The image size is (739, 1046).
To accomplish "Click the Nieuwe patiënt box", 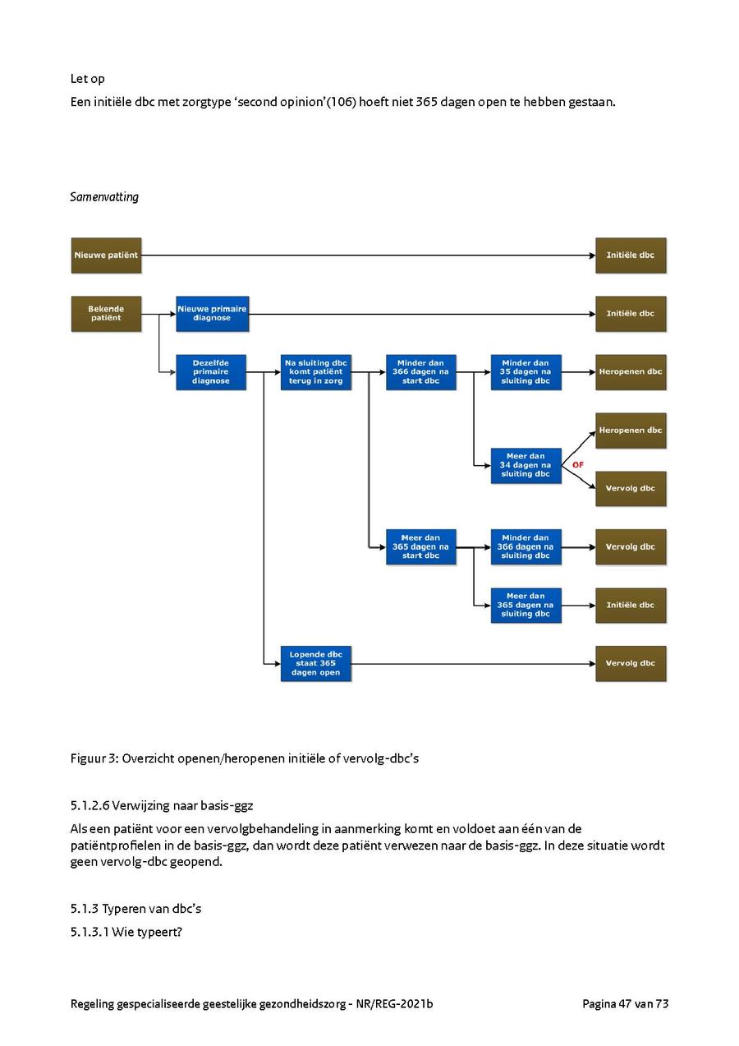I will pyautogui.click(x=106, y=255).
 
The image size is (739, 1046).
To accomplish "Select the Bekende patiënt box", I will pyautogui.click(x=106, y=313).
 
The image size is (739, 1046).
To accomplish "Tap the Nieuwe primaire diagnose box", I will pyautogui.click(x=212, y=313).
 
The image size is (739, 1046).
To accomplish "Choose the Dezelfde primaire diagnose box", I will pyautogui.click(x=211, y=371).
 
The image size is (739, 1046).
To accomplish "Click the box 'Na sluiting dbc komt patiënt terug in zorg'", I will pyautogui.click(x=316, y=371).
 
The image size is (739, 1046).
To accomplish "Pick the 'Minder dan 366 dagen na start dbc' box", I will pyautogui.click(x=420, y=371).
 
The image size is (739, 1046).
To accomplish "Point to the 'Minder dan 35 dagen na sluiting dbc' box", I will pyautogui.click(x=526, y=371).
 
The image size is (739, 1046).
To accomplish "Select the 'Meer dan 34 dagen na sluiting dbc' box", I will pyautogui.click(x=526, y=465).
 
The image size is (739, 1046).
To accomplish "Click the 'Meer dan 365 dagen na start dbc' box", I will pyautogui.click(x=420, y=546).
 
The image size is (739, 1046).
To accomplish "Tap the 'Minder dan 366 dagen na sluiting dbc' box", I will pyautogui.click(x=526, y=546).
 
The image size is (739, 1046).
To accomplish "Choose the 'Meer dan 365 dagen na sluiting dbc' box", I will pyautogui.click(x=526, y=605).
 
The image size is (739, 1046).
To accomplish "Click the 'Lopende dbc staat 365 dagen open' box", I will pyautogui.click(x=316, y=663).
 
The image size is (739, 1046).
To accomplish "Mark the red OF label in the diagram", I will pyautogui.click(x=577, y=465).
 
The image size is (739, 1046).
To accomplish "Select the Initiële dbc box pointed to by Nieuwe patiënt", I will pyautogui.click(x=631, y=255).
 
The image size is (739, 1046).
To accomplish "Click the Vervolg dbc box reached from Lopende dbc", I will pyautogui.click(x=631, y=663).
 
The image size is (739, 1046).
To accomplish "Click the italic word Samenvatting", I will pyautogui.click(x=104, y=197).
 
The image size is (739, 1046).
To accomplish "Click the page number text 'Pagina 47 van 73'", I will pyautogui.click(x=625, y=1003).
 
